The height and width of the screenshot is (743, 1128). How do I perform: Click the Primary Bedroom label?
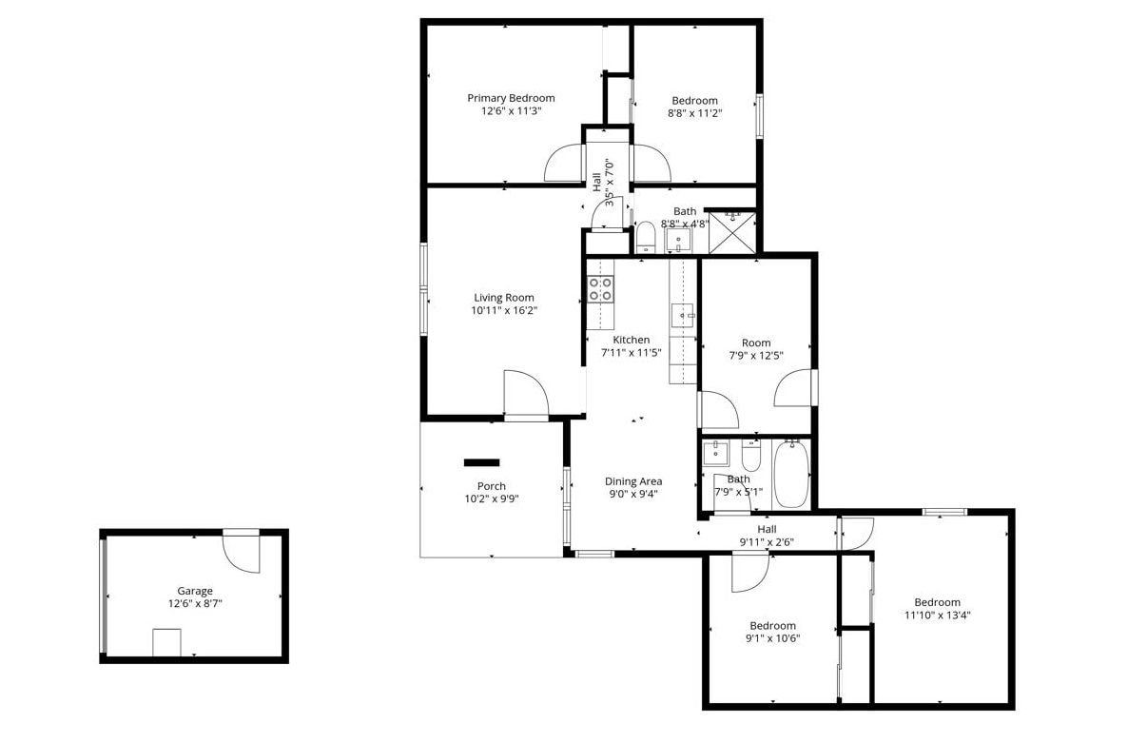click(x=511, y=98)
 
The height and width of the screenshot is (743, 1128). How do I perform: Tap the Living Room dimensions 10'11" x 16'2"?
click(x=503, y=311)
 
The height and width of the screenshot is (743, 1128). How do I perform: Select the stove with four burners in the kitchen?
click(x=601, y=289)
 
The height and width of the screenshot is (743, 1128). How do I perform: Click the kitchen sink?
click(x=683, y=315)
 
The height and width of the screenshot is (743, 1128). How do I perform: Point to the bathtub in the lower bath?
click(x=790, y=473)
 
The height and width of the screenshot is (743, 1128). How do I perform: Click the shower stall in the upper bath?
click(x=732, y=232)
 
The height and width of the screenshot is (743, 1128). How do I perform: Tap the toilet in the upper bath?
click(x=645, y=238)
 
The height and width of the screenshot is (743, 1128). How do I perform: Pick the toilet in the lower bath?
click(x=751, y=455)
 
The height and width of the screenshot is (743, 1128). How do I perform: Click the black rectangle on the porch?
click(x=481, y=462)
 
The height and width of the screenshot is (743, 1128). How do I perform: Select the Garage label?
click(x=195, y=591)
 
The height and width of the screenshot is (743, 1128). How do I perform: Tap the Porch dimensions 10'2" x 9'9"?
click(x=492, y=499)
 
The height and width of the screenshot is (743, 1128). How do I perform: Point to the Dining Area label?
click(x=633, y=481)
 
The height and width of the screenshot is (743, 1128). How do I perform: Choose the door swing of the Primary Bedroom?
click(x=564, y=163)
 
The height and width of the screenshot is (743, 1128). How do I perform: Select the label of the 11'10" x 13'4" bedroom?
click(x=938, y=602)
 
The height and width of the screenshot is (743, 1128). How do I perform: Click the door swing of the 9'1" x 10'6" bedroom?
click(x=750, y=574)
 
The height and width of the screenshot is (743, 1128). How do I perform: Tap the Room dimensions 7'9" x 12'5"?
click(x=756, y=355)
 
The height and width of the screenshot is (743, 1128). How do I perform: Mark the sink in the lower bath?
click(x=716, y=453)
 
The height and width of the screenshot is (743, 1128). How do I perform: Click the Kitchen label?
click(x=631, y=340)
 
